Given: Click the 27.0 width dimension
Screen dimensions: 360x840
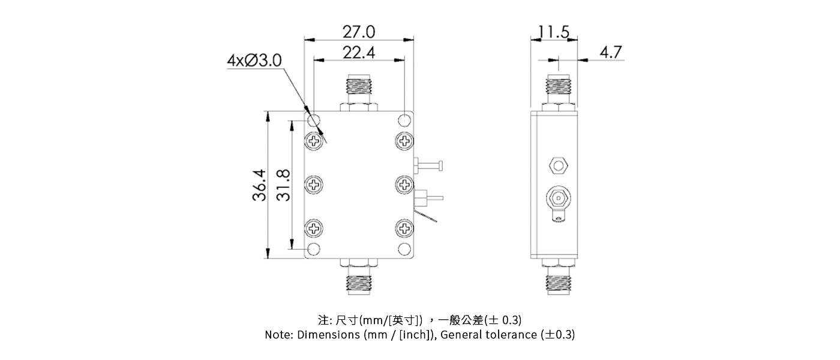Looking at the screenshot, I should click(359, 31).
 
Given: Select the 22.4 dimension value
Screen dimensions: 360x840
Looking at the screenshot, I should click(359, 53).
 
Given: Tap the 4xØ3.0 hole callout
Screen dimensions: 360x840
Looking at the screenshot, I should click(254, 61).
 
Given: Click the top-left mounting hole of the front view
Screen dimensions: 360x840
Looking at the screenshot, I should click(314, 119).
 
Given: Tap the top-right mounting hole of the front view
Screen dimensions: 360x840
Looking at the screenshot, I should click(406, 119).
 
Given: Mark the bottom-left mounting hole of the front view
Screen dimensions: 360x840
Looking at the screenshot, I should click(314, 249).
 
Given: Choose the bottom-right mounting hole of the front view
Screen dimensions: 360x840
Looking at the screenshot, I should click(406, 249).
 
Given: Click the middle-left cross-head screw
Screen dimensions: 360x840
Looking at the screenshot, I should click(314, 184).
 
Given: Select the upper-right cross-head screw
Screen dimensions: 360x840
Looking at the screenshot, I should click(405, 142).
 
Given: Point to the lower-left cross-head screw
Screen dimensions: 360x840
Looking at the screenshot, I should click(314, 228).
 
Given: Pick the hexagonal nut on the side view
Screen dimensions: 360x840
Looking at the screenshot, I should click(558, 164).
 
